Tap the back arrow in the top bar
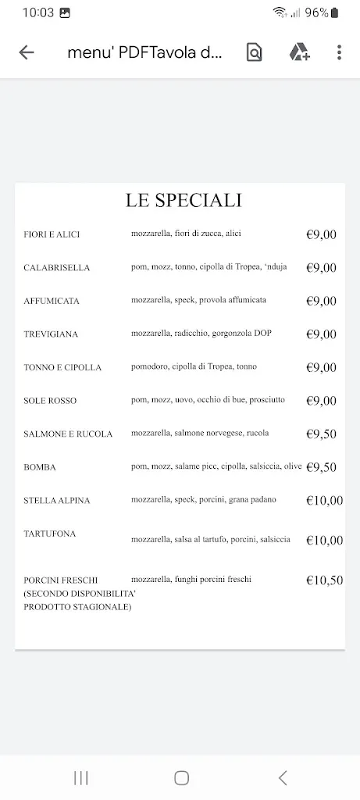(27, 52)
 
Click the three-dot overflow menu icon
(339, 52)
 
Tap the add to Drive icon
(299, 52)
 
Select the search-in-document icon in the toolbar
(254, 52)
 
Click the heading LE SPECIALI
(184, 200)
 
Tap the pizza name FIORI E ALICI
(52, 234)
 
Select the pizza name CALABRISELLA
(57, 268)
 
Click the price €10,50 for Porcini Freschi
(324, 580)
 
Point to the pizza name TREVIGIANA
(52, 334)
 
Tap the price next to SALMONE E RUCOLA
(321, 434)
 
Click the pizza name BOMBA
(40, 467)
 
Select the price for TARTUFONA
(324, 540)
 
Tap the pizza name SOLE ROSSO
(51, 401)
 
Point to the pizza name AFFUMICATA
(52, 301)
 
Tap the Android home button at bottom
(181, 777)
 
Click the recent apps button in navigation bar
(80, 777)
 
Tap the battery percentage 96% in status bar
(316, 12)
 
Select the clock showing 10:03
(38, 12)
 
